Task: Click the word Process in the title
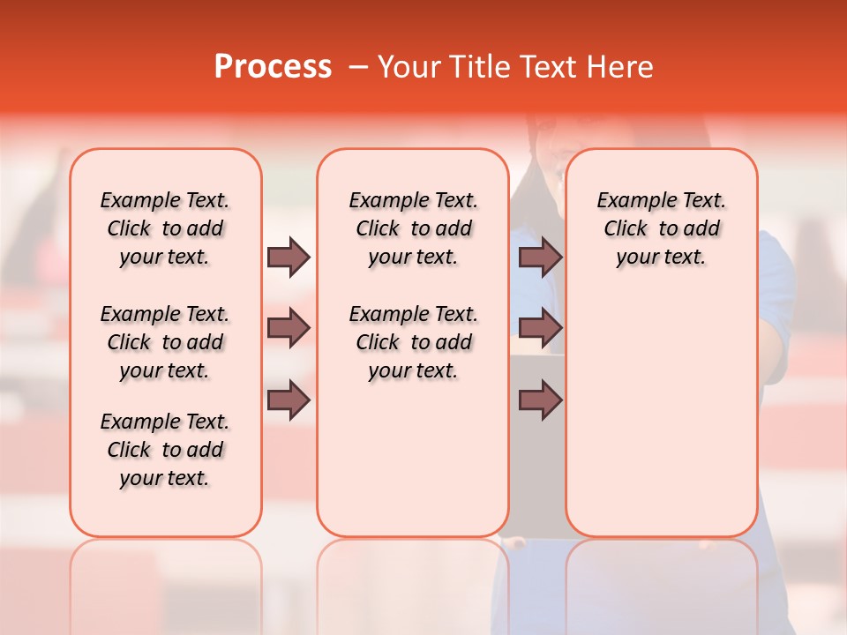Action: (273, 67)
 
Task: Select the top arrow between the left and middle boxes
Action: (289, 257)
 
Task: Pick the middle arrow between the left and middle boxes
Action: (289, 329)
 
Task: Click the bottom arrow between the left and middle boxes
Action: (289, 400)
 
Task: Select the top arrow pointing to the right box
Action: (540, 257)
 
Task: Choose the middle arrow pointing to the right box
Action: (540, 329)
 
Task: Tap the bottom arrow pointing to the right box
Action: (540, 400)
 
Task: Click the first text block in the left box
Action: (165, 228)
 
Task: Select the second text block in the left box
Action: (165, 342)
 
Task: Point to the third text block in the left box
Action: (165, 450)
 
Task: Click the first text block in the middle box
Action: (413, 228)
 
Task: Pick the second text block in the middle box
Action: (413, 342)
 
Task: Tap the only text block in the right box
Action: (661, 228)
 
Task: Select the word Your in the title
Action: (404, 67)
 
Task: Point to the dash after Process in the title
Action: (357, 67)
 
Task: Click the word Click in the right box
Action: (626, 229)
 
